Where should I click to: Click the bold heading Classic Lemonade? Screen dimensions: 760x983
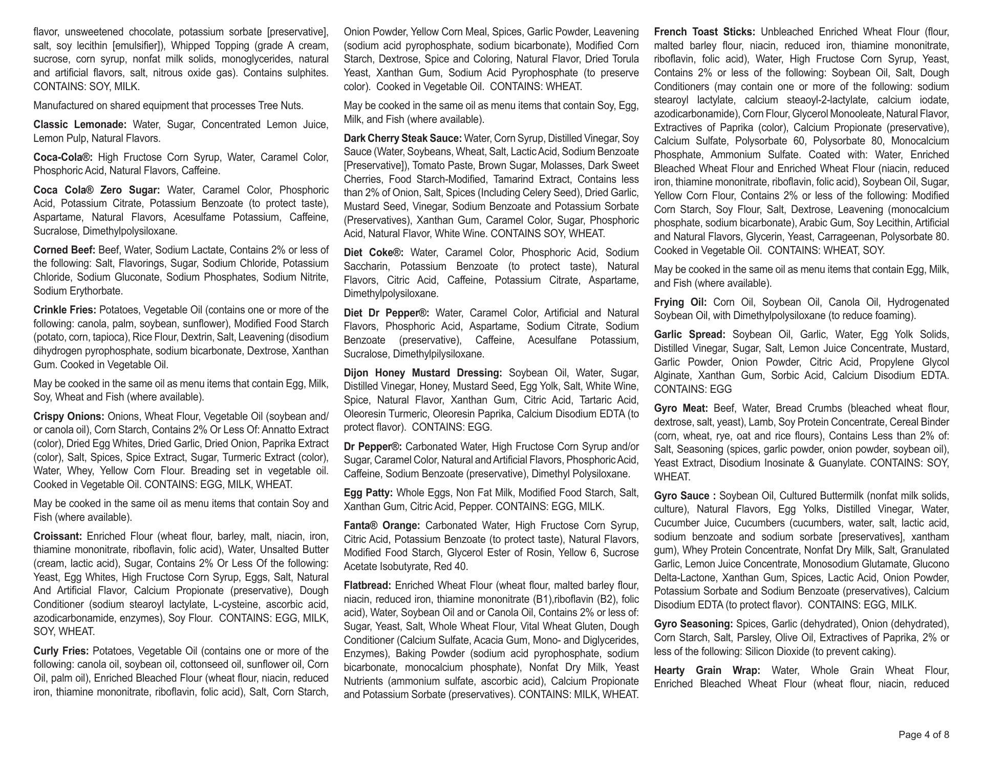coord(80,124)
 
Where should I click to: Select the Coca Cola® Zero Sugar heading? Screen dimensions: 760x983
coord(97,190)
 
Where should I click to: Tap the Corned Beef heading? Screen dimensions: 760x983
coord(65,250)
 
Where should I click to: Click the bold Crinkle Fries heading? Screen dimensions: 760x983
coord(65,310)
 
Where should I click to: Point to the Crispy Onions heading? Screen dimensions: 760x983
coord(69,416)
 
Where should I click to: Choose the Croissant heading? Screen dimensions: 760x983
coord(58,536)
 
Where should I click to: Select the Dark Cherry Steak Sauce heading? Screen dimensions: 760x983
coord(403,138)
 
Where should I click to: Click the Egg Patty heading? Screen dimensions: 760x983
coord(368,493)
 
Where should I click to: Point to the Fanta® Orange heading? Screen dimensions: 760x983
coord(382,525)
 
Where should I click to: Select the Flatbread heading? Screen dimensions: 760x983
coord(368,585)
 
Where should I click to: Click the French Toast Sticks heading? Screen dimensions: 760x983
coord(704,32)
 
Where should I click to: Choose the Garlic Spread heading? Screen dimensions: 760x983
coord(690,334)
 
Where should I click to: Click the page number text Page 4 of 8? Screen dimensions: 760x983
coord(924,735)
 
